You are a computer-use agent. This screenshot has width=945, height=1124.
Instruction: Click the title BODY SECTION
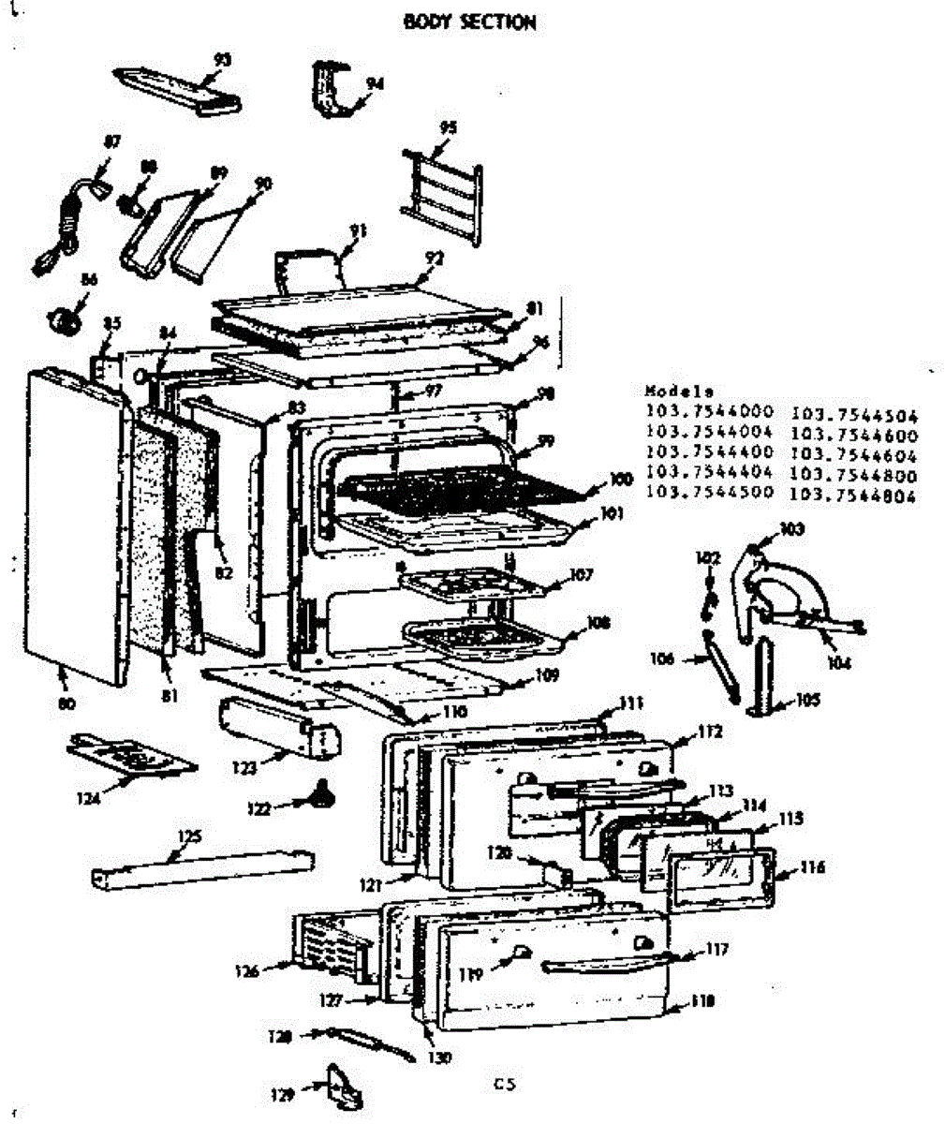[469, 22]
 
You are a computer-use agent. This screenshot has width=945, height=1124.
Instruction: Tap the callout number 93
[222, 60]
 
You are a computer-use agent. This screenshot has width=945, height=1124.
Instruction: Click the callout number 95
[449, 127]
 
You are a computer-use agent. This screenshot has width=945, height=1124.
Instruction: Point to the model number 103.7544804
[853, 495]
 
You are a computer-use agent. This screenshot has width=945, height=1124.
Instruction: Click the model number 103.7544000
[709, 410]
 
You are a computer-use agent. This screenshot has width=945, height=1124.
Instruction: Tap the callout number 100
[621, 480]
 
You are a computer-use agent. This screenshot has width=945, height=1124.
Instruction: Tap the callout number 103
[792, 529]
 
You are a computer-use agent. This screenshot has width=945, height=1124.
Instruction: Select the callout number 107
[582, 574]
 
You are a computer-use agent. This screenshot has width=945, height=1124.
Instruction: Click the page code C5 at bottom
[506, 1086]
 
